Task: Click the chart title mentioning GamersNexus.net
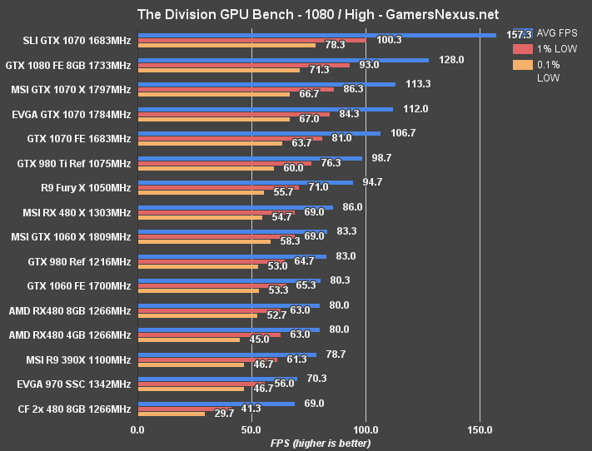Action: pos(296,13)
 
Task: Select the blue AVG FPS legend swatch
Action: pos(522,32)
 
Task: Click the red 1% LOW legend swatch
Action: pos(522,48)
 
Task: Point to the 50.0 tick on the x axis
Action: pos(251,430)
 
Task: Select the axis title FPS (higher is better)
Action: pos(321,443)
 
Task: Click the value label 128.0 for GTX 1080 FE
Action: pos(451,60)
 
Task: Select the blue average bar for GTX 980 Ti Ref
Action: pos(250,158)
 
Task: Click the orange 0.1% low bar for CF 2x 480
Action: pos(171,414)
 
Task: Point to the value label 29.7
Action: pos(222,414)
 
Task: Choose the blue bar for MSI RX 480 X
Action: pos(235,207)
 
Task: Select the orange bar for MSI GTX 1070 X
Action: pos(213,94)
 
